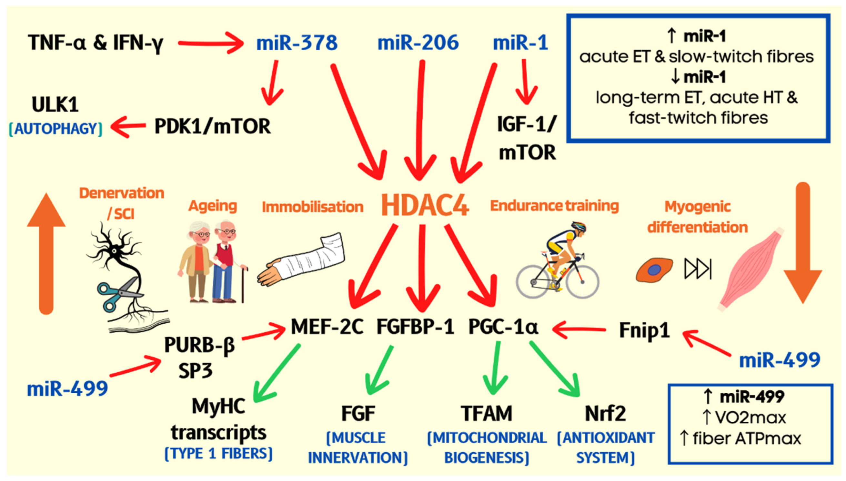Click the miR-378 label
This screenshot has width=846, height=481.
pos(297,43)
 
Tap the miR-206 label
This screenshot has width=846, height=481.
pos(418,43)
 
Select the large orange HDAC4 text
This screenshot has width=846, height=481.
pos(425,205)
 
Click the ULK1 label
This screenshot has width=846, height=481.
pos(55,105)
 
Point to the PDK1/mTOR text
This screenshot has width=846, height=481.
pos(213,126)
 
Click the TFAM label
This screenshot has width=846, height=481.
pos(486,413)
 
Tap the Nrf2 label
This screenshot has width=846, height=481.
pos(605,413)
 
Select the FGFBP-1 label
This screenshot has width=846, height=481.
pos(415,327)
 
